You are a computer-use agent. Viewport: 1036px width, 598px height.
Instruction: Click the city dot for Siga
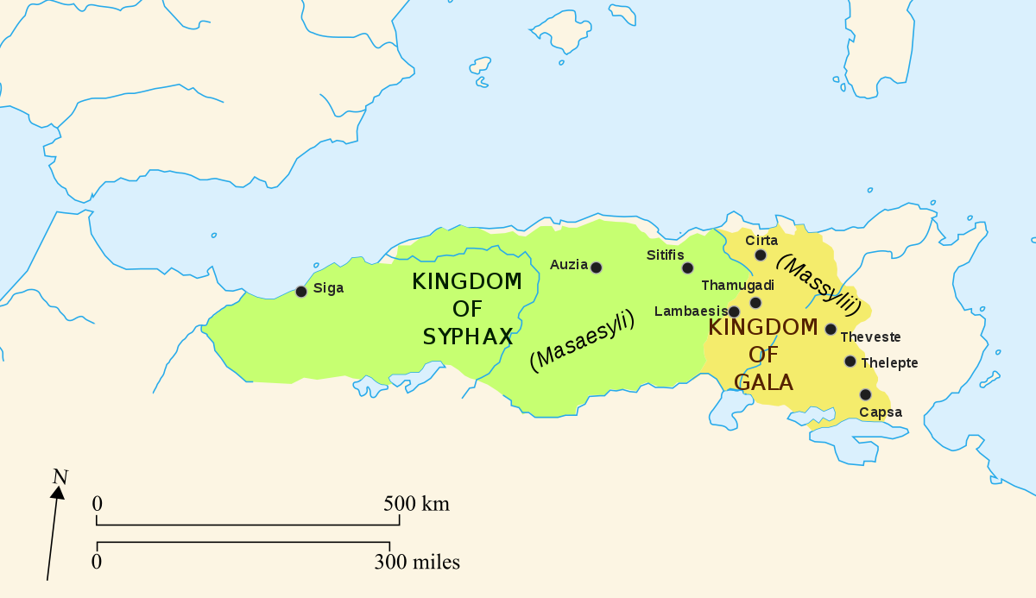[x=301, y=292]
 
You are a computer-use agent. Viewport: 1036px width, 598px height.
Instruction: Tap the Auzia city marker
[x=596, y=268]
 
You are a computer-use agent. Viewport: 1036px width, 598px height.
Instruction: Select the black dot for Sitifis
[x=687, y=268]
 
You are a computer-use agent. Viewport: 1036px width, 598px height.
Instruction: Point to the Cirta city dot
[x=761, y=255]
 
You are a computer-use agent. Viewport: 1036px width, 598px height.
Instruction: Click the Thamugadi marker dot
[x=755, y=303]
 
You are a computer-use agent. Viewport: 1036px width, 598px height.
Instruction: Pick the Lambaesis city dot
[x=734, y=312]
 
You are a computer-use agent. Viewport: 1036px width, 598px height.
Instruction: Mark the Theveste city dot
[x=831, y=329]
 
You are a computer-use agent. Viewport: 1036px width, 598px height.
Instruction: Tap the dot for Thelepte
[x=850, y=362]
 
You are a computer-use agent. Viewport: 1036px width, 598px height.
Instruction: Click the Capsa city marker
[x=865, y=394]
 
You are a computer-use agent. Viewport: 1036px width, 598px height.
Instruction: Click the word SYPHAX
[x=468, y=337]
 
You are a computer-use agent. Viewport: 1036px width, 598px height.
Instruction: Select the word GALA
[x=763, y=381]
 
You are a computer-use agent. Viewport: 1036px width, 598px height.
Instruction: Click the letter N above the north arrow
[x=60, y=476]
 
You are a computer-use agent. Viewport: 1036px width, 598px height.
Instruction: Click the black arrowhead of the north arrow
[x=57, y=493]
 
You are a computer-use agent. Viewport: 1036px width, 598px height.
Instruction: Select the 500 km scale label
[x=417, y=504]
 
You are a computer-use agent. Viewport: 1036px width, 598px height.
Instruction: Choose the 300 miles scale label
[x=417, y=563]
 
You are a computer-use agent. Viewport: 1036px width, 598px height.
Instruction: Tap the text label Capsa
[x=881, y=412]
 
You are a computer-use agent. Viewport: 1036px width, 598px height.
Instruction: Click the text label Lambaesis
[x=691, y=311]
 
